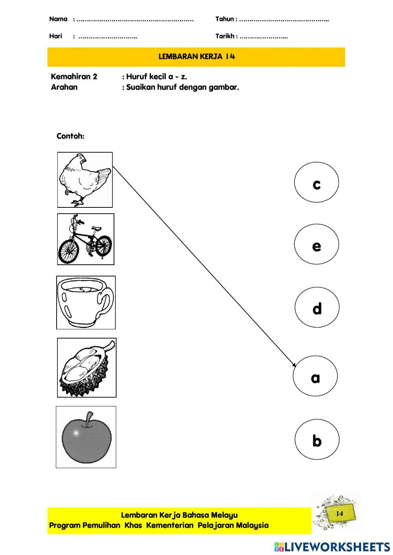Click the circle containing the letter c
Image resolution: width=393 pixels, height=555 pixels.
coord(316,183)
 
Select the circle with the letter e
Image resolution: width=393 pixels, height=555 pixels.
coord(316,244)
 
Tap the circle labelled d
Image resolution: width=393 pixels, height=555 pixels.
coord(317,307)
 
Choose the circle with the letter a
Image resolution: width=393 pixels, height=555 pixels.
coord(315,376)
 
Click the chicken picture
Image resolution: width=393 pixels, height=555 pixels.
coord(85,180)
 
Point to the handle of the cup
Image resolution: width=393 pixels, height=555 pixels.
coord(106,300)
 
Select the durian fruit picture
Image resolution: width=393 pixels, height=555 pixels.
coord(86,368)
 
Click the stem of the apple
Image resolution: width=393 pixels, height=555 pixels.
coord(90,418)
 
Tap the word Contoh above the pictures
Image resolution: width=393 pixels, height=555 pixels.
coord(70,136)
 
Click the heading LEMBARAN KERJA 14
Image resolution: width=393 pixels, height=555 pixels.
coord(196,57)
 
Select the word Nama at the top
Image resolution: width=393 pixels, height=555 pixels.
coord(58,19)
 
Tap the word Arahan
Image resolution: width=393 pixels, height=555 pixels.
coord(64,87)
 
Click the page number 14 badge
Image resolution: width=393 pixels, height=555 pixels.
coord(340,513)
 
